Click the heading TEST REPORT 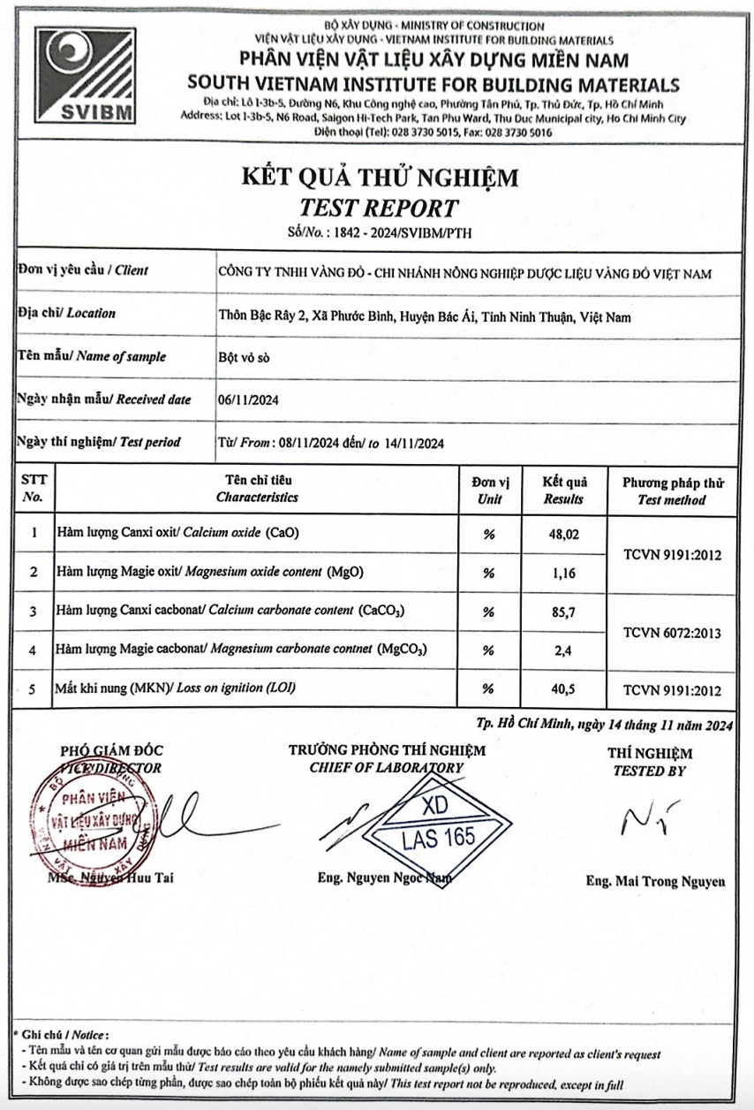380,209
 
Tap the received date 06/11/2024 249,399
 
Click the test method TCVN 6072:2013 672,632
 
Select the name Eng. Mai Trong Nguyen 655,881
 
